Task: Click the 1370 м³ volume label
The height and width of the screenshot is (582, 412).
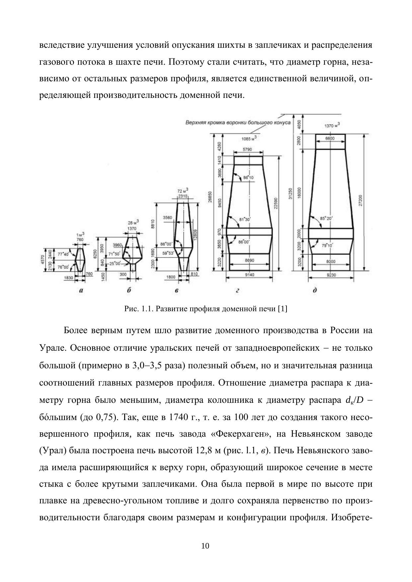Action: pyautogui.click(x=332, y=126)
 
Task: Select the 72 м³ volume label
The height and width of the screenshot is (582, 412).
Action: pyautogui.click(x=183, y=191)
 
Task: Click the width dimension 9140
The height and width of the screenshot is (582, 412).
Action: pyautogui.click(x=249, y=275)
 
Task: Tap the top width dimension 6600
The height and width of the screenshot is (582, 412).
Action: pyautogui.click(x=330, y=138)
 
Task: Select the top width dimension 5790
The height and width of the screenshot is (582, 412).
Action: pyautogui.click(x=247, y=150)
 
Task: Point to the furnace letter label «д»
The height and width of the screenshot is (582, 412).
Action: pyautogui.click(x=314, y=290)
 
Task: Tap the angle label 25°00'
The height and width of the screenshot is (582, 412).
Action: pyautogui.click(x=115, y=263)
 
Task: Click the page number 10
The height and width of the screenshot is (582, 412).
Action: pyautogui.click(x=206, y=546)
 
